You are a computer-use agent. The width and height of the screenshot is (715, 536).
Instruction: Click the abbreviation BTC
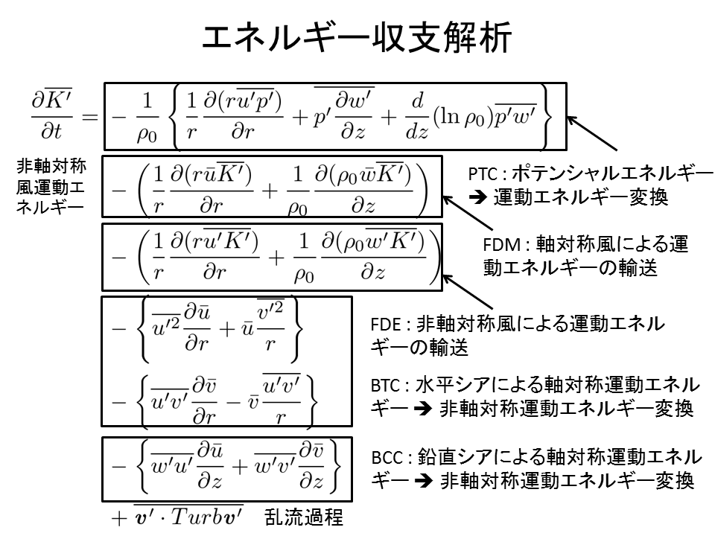(387, 387)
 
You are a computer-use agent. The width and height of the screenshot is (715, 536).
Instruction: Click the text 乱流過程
(303, 517)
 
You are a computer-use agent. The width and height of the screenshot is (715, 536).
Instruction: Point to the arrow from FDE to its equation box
(470, 293)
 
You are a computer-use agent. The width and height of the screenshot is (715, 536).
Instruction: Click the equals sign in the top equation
(89, 117)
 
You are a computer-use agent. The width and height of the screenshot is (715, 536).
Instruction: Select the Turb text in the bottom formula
(198, 517)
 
